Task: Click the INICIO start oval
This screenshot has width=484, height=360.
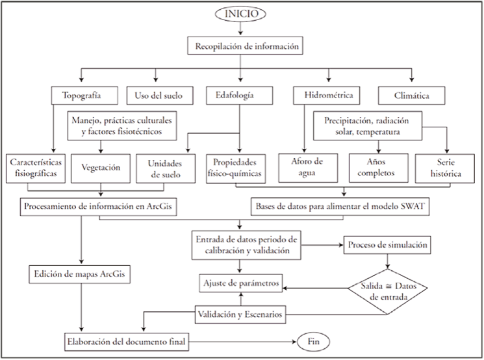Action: click(x=241, y=14)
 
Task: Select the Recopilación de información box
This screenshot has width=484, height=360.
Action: click(x=241, y=46)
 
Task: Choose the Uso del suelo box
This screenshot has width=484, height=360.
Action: click(x=159, y=96)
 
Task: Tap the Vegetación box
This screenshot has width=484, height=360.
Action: click(x=101, y=167)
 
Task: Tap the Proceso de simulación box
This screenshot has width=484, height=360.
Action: click(x=388, y=246)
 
